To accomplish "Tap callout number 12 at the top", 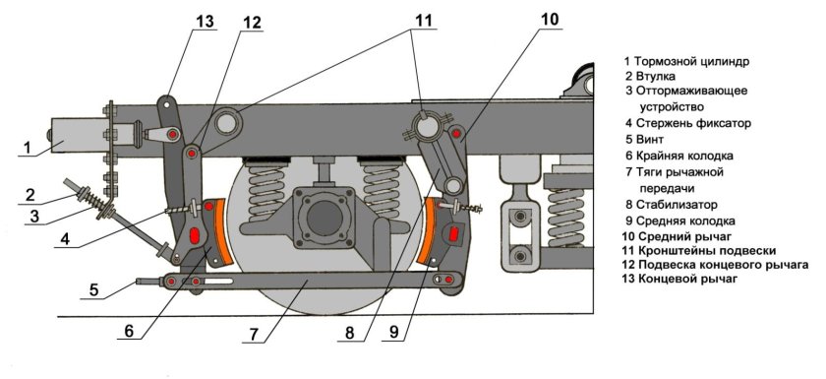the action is [x=252, y=23].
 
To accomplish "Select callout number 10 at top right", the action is [x=549, y=20].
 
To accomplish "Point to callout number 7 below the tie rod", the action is [x=254, y=333].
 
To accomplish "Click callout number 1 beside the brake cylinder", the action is [x=28, y=148].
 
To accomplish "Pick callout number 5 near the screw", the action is [x=93, y=289].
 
